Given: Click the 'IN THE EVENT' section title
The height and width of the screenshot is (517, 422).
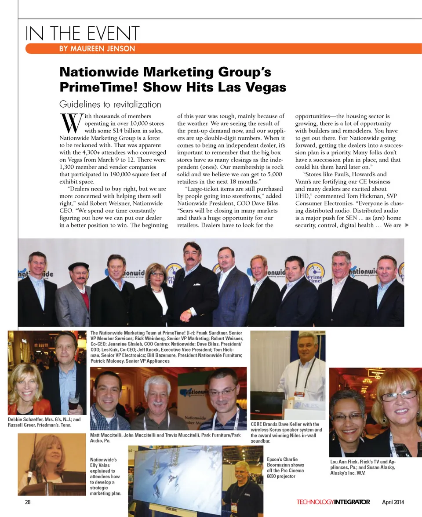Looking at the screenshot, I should (82, 33).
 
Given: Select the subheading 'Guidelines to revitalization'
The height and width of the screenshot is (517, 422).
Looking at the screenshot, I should (110, 104).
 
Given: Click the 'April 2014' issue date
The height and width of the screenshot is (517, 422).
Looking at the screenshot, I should (393, 502).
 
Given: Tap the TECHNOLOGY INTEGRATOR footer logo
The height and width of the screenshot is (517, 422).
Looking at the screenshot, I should (333, 502).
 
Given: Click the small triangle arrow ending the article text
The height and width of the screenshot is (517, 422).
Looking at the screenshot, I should (407, 226).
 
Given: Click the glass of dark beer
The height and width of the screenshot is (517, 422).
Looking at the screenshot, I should (73, 400).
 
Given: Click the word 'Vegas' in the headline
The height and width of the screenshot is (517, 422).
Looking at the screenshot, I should (265, 87).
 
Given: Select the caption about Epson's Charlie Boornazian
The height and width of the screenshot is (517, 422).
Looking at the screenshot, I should (285, 468).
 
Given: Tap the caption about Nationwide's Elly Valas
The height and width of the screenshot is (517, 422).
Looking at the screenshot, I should (105, 477).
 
